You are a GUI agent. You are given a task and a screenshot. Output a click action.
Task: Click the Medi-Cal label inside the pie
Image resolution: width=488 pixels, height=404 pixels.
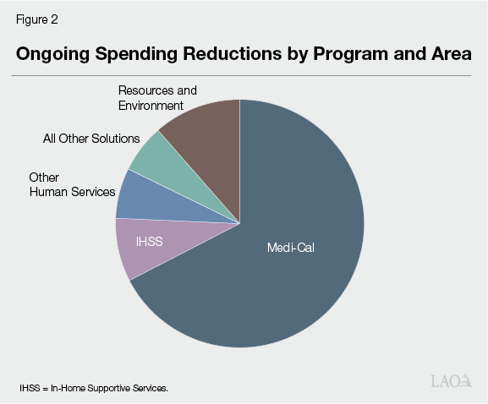291,248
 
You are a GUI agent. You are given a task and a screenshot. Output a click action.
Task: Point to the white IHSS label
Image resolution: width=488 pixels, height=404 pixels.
150,242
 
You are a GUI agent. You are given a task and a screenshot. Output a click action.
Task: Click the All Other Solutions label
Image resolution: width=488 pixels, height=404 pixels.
91,139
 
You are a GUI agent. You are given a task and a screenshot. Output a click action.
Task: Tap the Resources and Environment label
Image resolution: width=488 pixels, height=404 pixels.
157,98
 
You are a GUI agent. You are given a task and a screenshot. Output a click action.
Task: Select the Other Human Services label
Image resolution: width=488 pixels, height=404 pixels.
72,185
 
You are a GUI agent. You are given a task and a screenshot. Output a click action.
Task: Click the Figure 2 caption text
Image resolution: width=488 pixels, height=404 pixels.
37,19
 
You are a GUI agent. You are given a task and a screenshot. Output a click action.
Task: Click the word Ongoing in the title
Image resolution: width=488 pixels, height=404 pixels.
53,54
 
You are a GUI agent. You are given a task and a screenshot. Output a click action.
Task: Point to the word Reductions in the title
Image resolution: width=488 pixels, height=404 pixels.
233,53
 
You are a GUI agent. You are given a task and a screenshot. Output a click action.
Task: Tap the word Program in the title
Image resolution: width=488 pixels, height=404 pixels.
351,54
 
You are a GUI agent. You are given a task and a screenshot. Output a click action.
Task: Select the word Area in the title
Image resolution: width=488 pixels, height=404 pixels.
452,53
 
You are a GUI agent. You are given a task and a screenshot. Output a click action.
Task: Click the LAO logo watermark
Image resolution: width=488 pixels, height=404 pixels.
452,381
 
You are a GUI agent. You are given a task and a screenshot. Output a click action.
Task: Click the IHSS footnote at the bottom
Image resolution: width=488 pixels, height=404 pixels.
94,388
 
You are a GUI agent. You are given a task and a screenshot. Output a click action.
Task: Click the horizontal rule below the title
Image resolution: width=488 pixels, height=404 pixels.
242,75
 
